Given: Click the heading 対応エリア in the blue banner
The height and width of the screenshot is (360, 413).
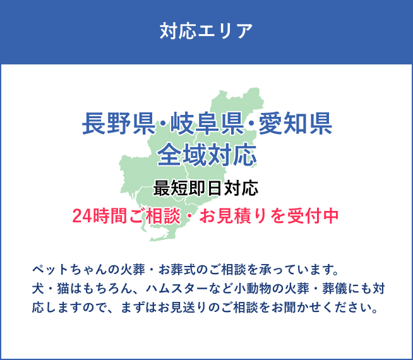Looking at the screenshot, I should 206,30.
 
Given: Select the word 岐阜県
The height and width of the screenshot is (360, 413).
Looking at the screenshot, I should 206,123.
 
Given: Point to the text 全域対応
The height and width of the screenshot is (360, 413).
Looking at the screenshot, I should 206,154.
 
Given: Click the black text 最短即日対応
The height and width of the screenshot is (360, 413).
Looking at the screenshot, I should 206,188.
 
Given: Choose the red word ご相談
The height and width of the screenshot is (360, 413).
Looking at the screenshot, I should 150,215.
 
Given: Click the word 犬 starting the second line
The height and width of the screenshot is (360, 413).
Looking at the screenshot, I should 37,290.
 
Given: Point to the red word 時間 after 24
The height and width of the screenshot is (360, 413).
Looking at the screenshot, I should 110,215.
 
